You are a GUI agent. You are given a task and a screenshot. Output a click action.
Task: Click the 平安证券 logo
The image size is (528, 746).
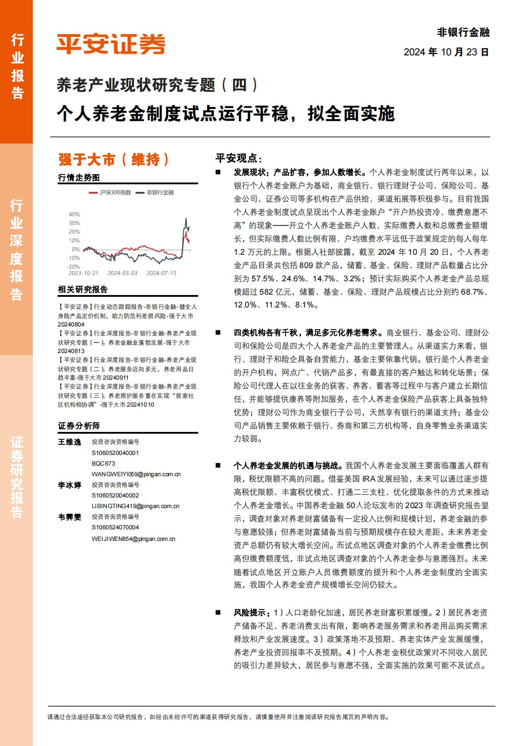pyautogui.click(x=110, y=44)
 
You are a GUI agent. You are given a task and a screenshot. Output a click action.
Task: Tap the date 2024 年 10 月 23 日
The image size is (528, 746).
pyautogui.click(x=446, y=52)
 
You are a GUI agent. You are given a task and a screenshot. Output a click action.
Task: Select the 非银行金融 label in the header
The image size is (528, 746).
pyautogui.click(x=463, y=32)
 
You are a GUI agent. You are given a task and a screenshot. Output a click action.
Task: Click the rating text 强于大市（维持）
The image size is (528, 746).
pyautogui.click(x=114, y=159)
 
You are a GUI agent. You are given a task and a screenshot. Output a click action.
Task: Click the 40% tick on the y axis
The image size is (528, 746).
pyautogui.click(x=74, y=214)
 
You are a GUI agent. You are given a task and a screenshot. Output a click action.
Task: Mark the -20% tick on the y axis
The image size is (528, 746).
pyautogui.click(x=73, y=267)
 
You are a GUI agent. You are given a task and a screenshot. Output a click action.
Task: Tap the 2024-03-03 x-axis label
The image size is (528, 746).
pyautogui.click(x=122, y=273)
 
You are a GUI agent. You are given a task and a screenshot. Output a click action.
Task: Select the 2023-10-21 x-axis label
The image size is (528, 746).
pyautogui.click(x=83, y=273)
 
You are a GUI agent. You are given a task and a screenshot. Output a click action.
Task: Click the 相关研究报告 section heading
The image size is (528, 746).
pyautogui.click(x=83, y=290)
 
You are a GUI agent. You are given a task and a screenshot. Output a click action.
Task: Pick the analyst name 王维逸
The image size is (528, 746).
pyautogui.click(x=70, y=442)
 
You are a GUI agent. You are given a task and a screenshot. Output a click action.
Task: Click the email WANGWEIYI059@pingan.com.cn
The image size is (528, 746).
pyautogui.click(x=136, y=474)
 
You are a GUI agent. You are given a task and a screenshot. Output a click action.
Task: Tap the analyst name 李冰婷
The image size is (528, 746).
pyautogui.click(x=70, y=485)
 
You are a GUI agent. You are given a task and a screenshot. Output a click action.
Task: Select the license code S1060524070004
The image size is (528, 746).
pyautogui.click(x=115, y=528)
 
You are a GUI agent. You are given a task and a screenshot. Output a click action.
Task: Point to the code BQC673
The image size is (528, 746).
pyautogui.click(x=103, y=463)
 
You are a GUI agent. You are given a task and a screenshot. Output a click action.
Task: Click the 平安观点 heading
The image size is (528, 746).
pyautogui.click(x=239, y=158)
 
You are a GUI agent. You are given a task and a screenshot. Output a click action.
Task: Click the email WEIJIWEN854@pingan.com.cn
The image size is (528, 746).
pyautogui.click(x=133, y=539)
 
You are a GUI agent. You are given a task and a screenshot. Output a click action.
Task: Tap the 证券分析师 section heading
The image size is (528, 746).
pyautogui.click(x=79, y=426)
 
